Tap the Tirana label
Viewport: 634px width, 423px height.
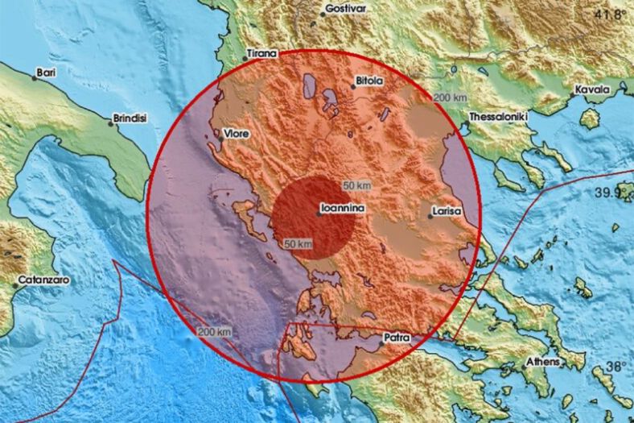pyautogui.click(x=261, y=54)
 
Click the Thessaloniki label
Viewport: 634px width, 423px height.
pyautogui.click(x=497, y=117)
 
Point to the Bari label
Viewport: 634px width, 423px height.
pyautogui.click(x=47, y=73)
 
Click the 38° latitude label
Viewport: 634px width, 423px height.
pyautogui.click(x=617, y=367)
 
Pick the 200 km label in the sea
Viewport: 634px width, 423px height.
pyautogui.click(x=215, y=331)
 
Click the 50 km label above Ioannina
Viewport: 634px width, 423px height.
pyautogui.click(x=356, y=186)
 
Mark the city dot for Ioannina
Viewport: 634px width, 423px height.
pyautogui.click(x=318, y=214)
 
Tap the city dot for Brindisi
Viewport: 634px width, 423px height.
pyautogui.click(x=111, y=122)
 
